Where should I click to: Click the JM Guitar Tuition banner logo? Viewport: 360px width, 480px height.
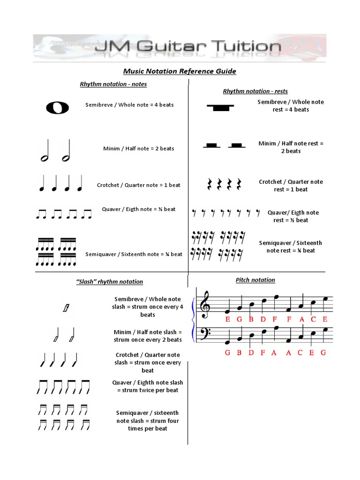coord(180,47)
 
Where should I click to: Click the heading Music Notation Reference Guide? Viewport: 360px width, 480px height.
coord(180,71)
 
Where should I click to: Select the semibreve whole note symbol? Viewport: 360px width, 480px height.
coord(57,108)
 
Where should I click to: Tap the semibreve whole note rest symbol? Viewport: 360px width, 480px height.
coord(218,107)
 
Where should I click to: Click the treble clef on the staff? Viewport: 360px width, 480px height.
coord(205,303)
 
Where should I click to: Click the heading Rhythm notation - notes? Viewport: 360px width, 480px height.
coord(113,84)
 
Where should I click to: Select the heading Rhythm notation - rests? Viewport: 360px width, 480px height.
coord(255,91)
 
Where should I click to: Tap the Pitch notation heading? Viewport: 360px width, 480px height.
coord(255,280)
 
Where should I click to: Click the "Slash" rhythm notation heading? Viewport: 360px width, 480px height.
coord(109,282)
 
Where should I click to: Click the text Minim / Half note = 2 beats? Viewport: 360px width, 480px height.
coord(138,149)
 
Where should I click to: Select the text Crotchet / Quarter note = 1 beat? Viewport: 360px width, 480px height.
coord(138,185)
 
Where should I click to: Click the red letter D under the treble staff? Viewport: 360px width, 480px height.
coord(263,320)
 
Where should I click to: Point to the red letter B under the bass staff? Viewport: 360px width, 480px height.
coord(239,353)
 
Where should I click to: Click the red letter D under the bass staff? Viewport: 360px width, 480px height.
coord(251,353)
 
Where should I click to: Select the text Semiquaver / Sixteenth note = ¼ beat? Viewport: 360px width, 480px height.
coord(134,254)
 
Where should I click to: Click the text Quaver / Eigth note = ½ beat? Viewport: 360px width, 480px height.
coord(138,209)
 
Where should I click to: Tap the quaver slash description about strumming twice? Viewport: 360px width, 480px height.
coord(148,386)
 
